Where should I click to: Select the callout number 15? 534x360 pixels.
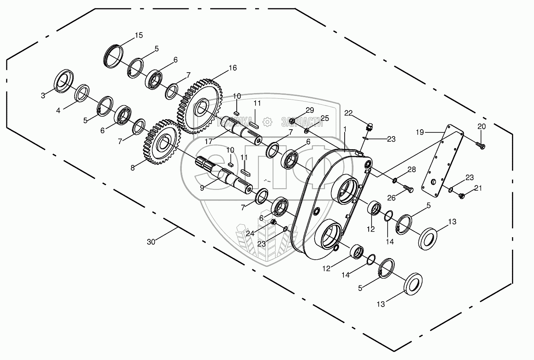point(138,35)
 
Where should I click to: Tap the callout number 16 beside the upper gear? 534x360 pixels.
point(233,68)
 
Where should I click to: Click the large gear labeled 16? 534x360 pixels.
point(199,106)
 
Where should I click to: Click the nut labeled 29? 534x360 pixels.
point(293,120)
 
